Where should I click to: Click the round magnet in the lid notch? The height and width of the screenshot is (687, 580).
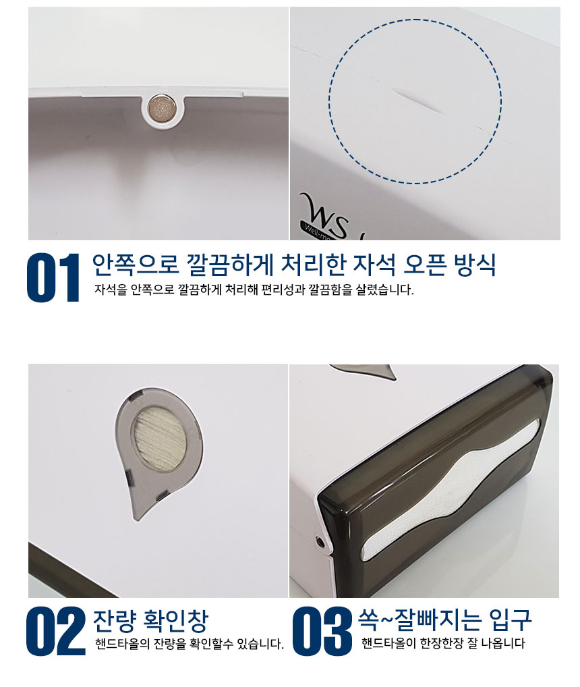click(162, 107)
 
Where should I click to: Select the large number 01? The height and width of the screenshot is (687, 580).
click(53, 277)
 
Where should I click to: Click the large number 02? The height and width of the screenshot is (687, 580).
click(55, 632)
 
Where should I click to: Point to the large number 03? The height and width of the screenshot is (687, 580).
click(322, 632)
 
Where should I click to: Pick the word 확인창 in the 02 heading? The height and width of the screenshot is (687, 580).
click(175, 620)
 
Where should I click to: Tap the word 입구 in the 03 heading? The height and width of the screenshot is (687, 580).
click(510, 619)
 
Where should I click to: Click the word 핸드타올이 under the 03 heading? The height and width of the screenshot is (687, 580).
click(388, 643)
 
